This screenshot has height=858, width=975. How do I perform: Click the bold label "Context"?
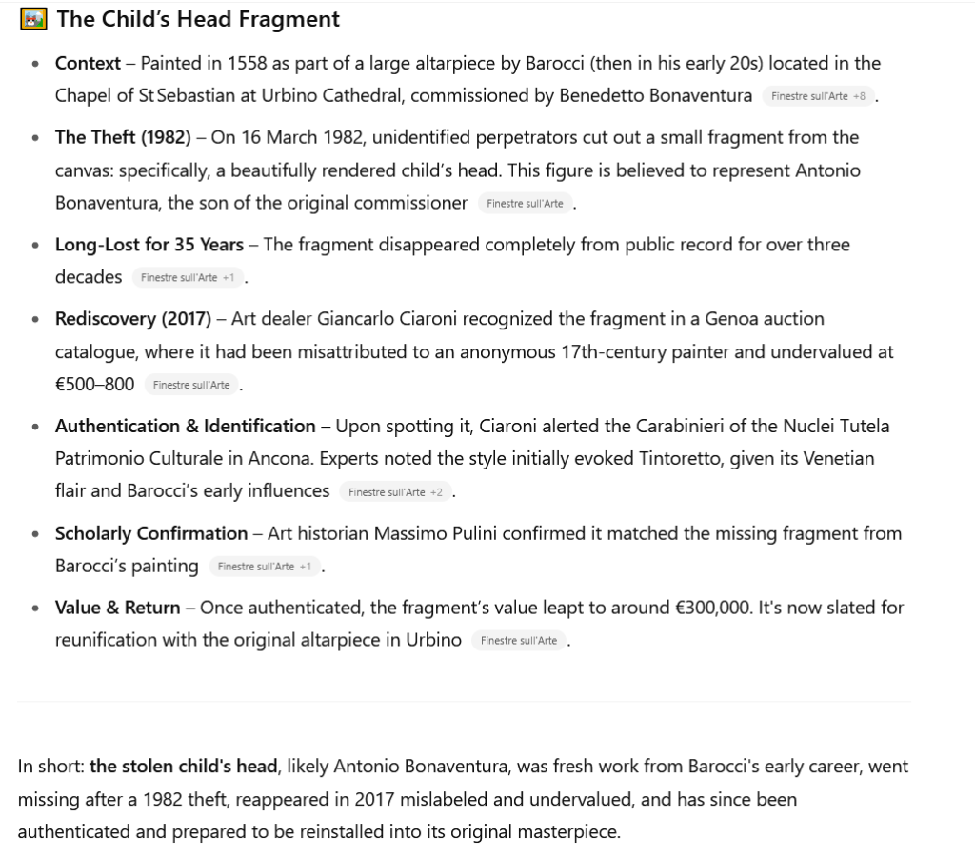point(88,64)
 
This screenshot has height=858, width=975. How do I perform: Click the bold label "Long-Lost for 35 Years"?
point(149,245)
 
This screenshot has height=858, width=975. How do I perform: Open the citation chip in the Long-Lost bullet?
point(187,277)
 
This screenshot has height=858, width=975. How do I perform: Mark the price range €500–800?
point(94,384)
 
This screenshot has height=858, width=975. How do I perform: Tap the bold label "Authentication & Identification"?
point(186,426)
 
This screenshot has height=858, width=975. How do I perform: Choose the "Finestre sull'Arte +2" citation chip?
point(394,492)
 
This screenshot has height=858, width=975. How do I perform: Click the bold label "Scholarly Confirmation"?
point(151,533)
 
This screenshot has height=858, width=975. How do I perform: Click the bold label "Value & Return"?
point(117,608)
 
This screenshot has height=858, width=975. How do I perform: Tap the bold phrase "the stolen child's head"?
point(184,767)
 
